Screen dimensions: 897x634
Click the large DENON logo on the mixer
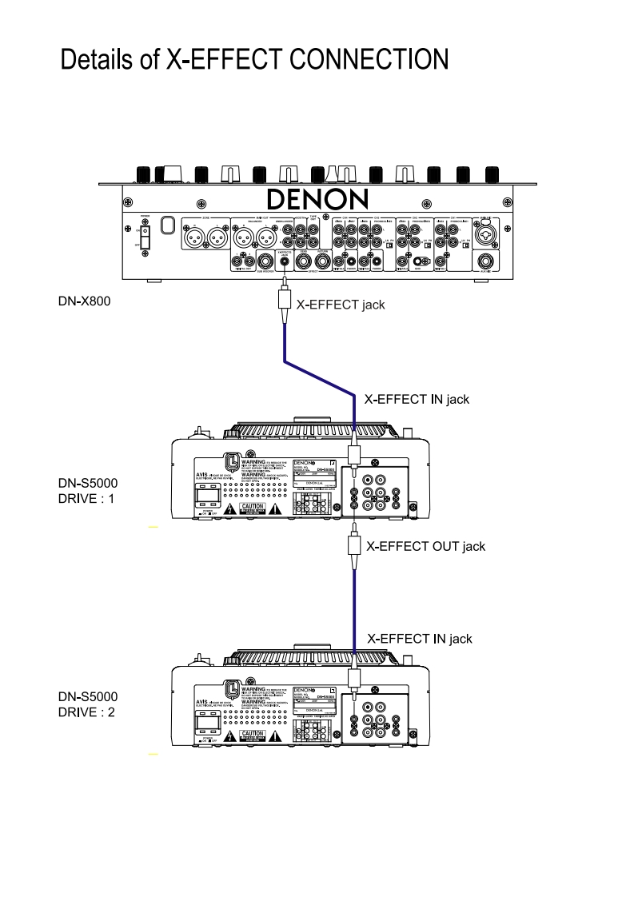click(x=317, y=199)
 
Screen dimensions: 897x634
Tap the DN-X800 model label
click(x=83, y=301)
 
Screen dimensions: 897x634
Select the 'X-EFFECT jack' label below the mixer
click(x=341, y=304)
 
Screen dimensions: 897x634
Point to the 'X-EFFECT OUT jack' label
click(x=425, y=547)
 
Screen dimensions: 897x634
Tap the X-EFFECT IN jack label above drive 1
click(x=417, y=398)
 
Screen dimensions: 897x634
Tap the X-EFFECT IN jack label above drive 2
click(x=419, y=638)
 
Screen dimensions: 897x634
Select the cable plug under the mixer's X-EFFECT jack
click(x=284, y=302)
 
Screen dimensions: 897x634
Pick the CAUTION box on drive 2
click(x=253, y=734)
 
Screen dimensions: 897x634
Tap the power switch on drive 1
click(x=205, y=499)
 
